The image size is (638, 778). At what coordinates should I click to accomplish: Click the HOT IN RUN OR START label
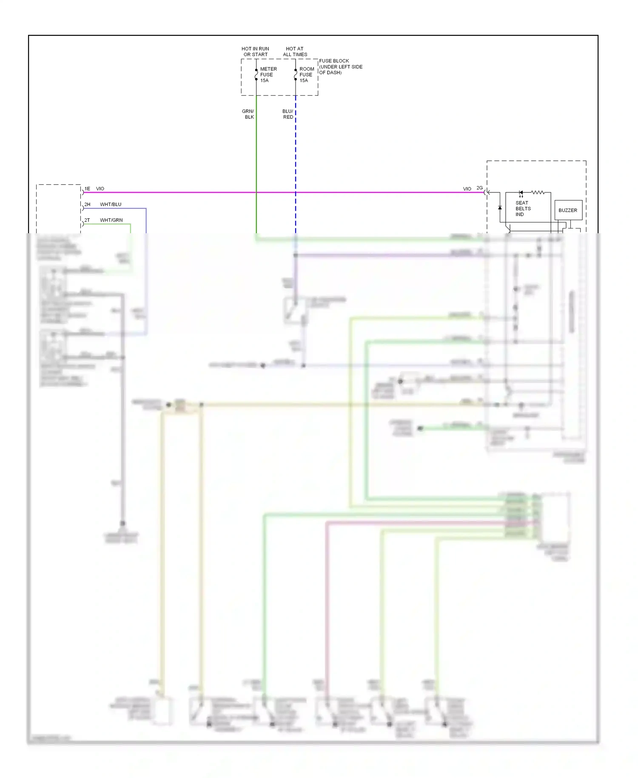[255, 51]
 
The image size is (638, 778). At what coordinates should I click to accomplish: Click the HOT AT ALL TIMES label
[295, 51]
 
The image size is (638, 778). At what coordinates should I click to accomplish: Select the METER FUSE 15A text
[268, 74]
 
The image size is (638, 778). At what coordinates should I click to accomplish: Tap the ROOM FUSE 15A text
[307, 74]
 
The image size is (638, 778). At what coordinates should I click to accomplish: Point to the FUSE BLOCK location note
[341, 67]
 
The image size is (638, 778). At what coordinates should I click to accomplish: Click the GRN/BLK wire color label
[248, 114]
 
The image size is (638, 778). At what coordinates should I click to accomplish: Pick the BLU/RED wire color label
[288, 114]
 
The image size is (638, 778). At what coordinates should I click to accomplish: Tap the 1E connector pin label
[87, 189]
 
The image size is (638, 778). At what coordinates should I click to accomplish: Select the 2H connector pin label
[87, 204]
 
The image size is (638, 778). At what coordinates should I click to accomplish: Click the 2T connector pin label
[87, 220]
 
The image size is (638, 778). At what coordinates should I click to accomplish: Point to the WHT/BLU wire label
[111, 204]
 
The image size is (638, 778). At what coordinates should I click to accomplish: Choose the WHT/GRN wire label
[111, 220]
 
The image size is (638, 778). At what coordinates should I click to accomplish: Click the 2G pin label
[479, 188]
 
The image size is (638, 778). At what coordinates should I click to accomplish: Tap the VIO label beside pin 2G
[467, 189]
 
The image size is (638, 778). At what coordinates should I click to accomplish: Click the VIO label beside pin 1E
[100, 189]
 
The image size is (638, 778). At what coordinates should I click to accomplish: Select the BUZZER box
[568, 210]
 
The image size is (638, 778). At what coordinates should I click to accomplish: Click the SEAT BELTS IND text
[523, 209]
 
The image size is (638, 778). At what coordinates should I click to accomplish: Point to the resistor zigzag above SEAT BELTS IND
[538, 192]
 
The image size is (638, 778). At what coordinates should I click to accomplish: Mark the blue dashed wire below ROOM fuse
[296, 162]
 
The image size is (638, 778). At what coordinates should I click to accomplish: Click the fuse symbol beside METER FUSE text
[256, 75]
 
